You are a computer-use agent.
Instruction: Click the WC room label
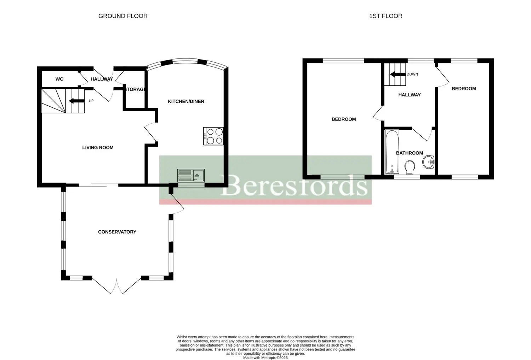coord(59,79)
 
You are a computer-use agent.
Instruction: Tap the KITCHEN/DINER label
coord(186,101)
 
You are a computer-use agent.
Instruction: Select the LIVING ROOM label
coord(98,148)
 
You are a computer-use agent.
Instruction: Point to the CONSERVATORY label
coord(117,232)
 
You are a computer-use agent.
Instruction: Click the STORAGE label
coord(135,89)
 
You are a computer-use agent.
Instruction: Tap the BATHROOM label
coord(409,153)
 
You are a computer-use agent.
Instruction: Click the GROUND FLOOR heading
coord(123,16)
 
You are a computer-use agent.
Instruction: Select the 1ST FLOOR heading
coord(386,16)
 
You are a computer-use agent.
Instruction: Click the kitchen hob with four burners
coord(213,136)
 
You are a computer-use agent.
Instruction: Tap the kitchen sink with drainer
coord(191,175)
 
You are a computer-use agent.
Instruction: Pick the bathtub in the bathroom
coord(392,151)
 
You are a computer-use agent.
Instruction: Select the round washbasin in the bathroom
coord(428,162)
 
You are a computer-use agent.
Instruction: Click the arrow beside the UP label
coord(76,101)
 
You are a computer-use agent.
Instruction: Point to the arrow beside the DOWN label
coord(398,74)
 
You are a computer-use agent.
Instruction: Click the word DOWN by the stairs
coord(412,74)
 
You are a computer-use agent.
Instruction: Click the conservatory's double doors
coord(116,286)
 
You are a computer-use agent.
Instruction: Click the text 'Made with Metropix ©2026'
coord(265,358)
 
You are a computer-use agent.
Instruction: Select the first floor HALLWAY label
coord(409,95)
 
